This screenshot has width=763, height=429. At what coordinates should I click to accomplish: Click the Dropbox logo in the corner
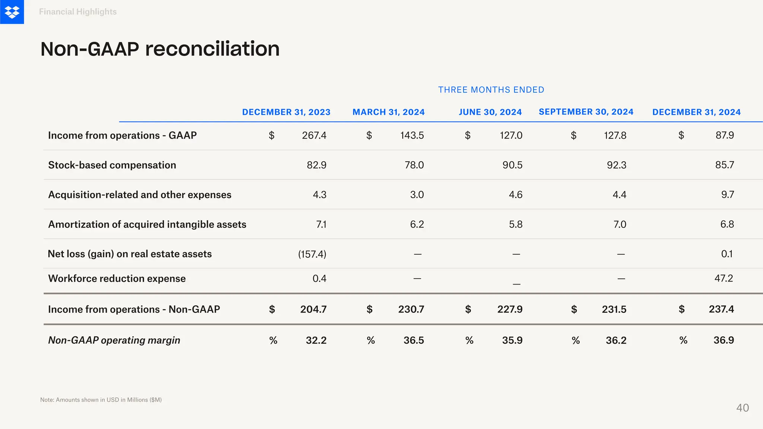point(12,12)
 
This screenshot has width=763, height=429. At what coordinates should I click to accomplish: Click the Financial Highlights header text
point(78,12)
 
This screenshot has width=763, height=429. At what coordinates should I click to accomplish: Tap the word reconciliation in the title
point(212,49)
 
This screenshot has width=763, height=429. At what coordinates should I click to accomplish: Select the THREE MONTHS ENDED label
point(491,90)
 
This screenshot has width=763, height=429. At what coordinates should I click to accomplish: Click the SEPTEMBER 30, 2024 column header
point(586,112)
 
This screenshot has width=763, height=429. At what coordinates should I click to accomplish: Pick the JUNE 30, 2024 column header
point(490,112)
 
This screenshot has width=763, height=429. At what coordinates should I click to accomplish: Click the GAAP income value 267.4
point(314,135)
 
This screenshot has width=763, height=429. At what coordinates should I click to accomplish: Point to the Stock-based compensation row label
point(112,165)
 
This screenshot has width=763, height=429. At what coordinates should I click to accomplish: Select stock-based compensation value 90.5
point(512,165)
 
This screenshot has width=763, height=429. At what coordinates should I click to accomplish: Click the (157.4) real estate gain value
point(312,254)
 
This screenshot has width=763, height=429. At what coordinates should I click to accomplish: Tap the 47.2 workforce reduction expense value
point(724,278)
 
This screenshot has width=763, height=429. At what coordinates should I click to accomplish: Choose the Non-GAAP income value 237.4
point(721,309)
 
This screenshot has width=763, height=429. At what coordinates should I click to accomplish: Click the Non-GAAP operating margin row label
point(114,340)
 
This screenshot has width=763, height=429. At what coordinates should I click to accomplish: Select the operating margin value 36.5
point(414,340)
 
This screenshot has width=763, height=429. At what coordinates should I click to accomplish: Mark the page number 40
point(743,408)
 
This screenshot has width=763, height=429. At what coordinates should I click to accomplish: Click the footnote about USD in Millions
point(101,400)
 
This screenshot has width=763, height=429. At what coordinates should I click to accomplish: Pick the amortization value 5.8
point(516,224)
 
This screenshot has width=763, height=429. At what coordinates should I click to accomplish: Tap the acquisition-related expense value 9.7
point(727,194)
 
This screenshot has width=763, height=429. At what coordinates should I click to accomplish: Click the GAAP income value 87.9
point(725,135)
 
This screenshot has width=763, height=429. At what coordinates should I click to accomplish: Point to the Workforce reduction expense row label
point(117,279)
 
